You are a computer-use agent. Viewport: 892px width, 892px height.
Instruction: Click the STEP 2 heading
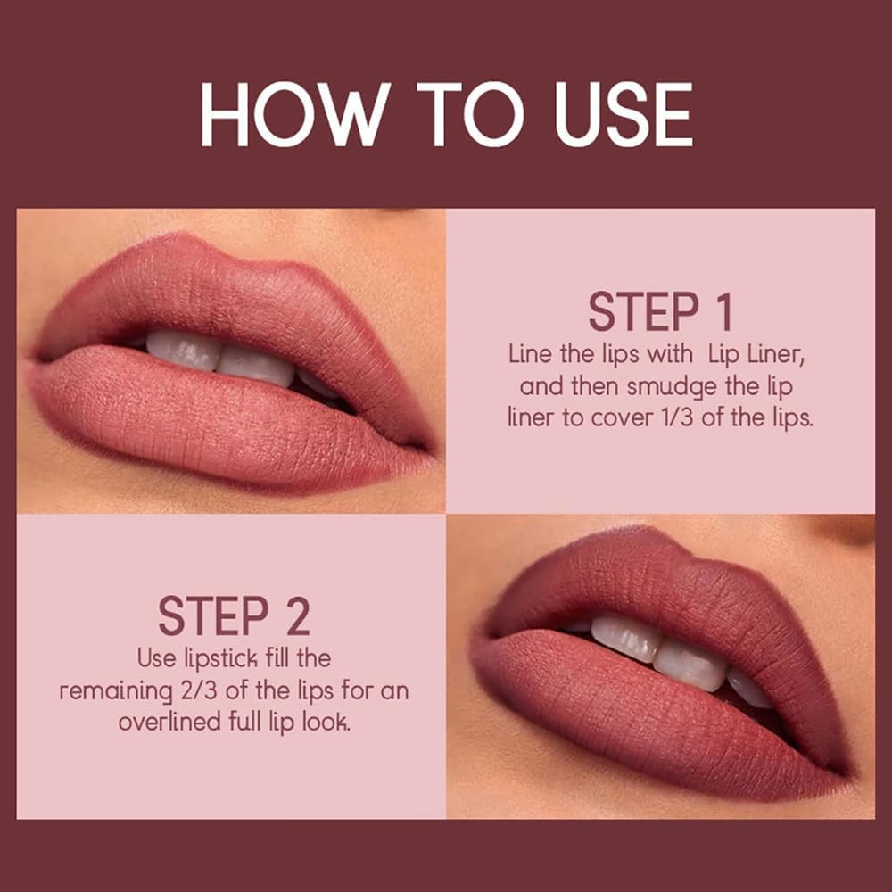click(234, 615)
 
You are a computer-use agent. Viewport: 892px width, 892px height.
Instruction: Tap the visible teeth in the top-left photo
click(223, 355)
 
